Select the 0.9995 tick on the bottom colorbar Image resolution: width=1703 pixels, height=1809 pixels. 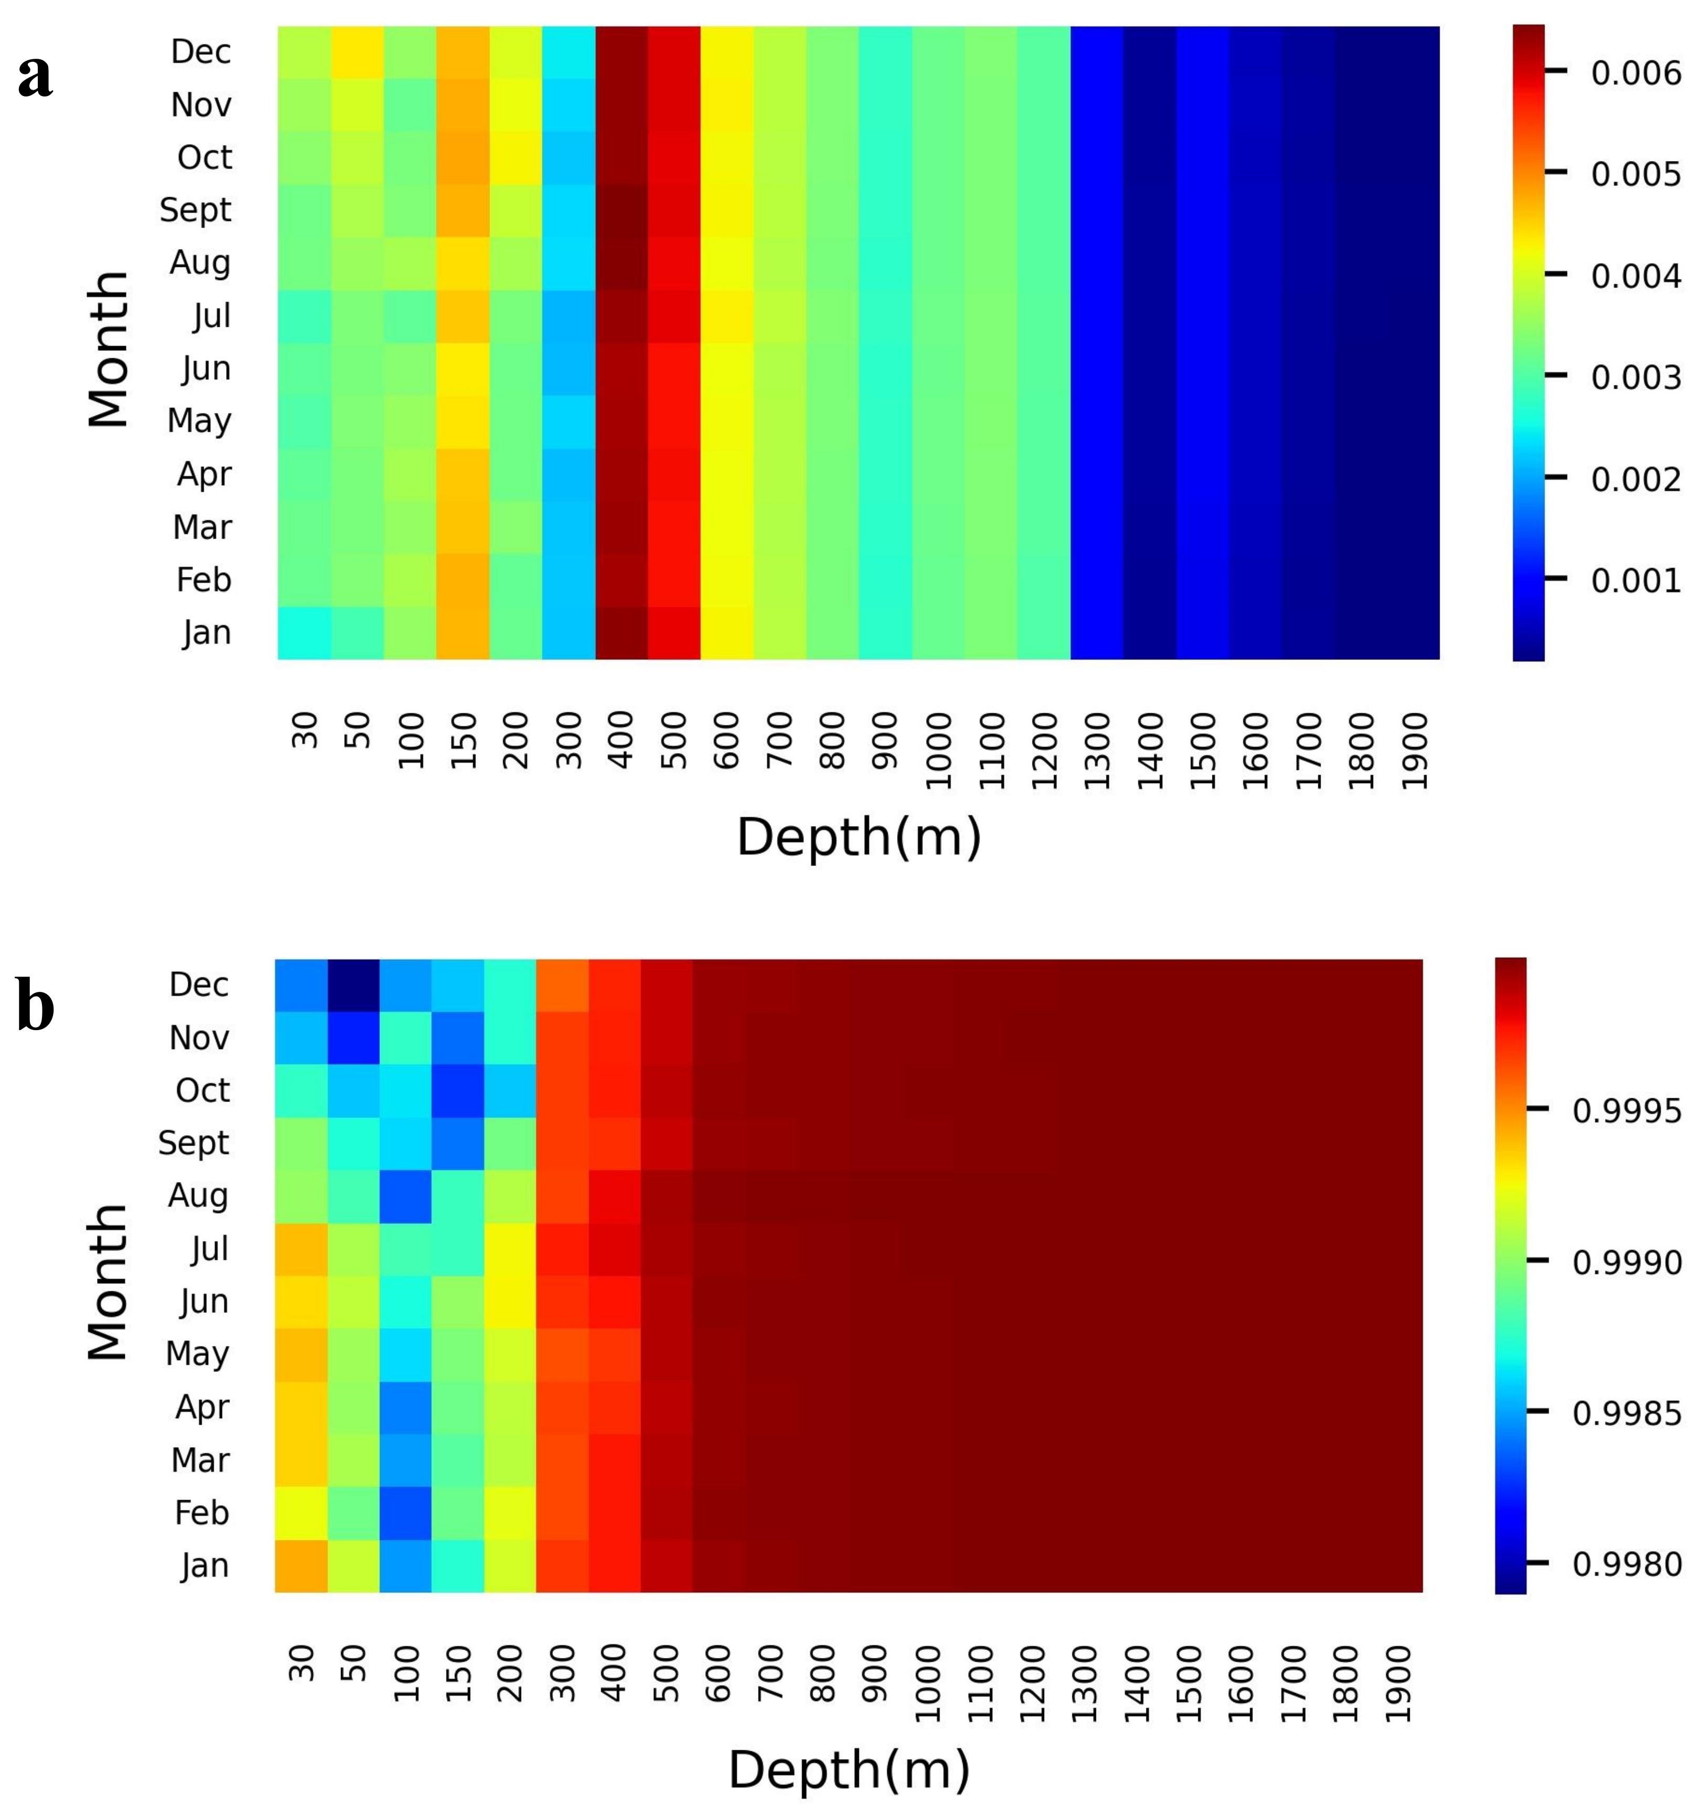1626,1111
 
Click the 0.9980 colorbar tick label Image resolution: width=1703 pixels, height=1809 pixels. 1626,1564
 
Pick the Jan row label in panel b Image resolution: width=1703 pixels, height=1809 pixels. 204,1565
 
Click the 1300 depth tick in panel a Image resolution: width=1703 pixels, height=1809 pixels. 1097,750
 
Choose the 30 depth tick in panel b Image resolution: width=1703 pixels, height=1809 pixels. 301,1663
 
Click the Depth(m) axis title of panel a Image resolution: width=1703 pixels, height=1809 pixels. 858,837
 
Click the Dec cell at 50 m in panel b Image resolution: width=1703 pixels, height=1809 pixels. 353,984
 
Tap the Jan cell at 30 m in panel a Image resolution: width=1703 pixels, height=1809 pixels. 304,633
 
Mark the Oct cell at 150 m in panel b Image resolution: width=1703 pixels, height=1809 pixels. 458,1090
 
